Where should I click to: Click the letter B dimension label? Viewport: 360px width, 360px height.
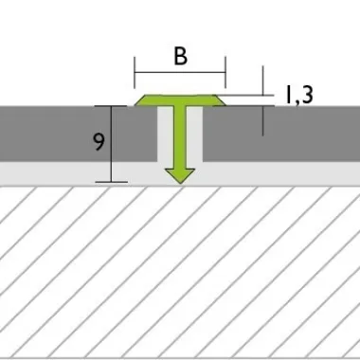181,57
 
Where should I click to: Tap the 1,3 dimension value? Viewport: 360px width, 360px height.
299,95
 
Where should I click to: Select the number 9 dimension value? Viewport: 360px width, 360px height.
99,142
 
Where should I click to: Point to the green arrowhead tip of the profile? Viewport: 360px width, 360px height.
180,183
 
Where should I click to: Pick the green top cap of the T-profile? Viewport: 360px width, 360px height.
180,99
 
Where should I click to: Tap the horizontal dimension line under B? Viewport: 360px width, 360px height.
180,73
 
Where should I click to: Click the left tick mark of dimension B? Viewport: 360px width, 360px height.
135,73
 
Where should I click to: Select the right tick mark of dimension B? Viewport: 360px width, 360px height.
225,73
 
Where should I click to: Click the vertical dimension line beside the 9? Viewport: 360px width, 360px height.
111,144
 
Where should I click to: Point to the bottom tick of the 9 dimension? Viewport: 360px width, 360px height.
112,182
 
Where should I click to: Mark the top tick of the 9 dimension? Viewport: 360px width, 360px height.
112,106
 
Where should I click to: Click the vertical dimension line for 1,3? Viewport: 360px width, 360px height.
263,101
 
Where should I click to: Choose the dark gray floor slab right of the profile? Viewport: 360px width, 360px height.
281,134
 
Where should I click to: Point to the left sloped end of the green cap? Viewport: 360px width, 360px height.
140,100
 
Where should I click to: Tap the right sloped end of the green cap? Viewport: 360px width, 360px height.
221,100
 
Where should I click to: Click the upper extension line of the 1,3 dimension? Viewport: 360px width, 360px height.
245,95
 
